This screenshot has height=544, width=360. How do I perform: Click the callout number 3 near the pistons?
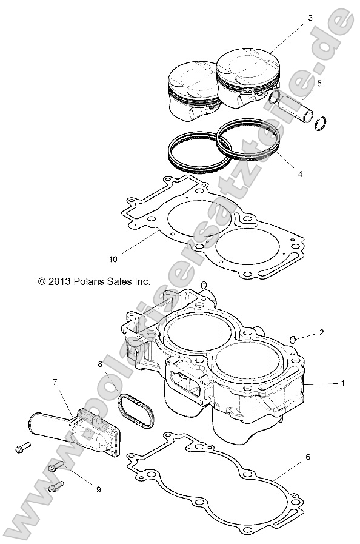coord(310,19)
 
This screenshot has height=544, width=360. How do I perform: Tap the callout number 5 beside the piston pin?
coord(319,83)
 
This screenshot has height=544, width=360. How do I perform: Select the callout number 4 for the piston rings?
coord(300,173)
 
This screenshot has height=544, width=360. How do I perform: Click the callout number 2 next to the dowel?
coord(322,332)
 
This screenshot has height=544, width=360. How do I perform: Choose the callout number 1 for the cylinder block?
coord(342,383)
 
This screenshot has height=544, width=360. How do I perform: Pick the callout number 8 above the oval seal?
coord(100,364)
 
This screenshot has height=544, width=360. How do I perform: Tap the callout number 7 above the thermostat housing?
coord(55,382)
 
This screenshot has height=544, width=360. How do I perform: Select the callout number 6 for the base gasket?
coord(307,457)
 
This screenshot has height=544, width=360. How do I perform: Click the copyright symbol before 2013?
coord(42,281)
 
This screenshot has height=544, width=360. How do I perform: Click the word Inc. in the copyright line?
coord(141,281)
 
